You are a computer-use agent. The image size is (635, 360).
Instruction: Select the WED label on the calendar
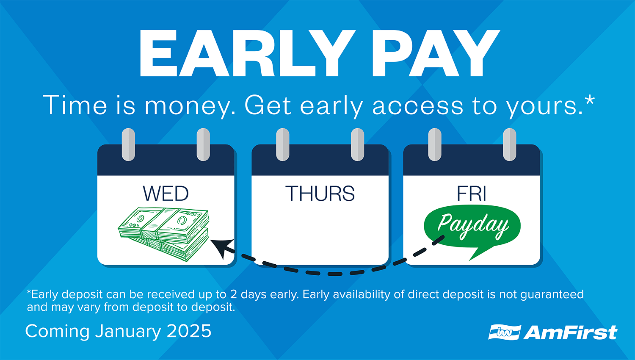point(166,194)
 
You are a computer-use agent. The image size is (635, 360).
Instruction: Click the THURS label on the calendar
point(320,194)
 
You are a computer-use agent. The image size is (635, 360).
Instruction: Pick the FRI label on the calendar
point(471,194)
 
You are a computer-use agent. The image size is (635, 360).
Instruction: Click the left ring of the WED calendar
point(128,144)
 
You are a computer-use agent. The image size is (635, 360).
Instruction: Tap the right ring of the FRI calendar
point(509,144)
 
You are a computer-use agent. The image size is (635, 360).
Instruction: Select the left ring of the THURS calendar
point(282,144)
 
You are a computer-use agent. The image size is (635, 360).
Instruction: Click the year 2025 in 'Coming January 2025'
point(189,331)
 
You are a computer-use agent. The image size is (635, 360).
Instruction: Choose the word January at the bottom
point(129,331)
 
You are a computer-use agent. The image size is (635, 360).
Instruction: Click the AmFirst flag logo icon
point(504,332)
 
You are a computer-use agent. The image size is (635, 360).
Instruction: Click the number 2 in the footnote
point(234,294)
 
